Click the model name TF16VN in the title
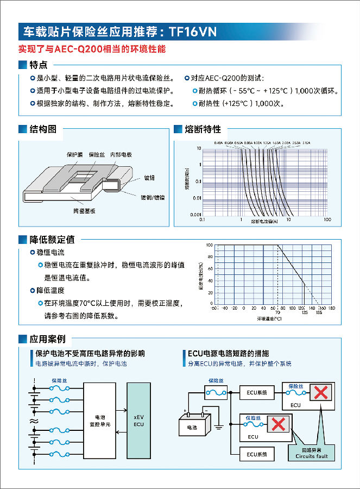click(193, 32)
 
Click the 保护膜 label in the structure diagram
click(74, 154)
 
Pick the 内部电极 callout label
click(120, 154)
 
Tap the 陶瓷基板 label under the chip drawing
click(84, 211)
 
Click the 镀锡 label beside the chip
click(149, 178)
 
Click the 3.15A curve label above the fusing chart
click(307, 142)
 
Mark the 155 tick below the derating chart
click(319, 313)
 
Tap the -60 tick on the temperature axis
click(214, 308)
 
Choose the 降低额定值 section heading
click(52, 240)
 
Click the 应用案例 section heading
click(48, 339)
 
